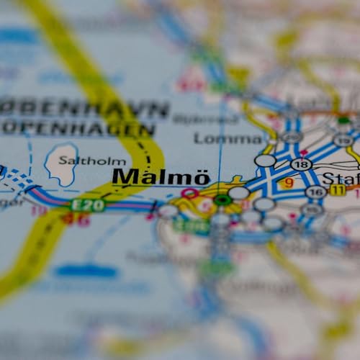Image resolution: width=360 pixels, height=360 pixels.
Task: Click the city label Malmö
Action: pyautogui.click(x=161, y=177)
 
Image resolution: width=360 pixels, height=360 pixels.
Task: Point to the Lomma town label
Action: pyautogui.click(x=228, y=138)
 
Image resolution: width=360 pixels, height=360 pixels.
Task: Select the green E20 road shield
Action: pyautogui.click(x=87, y=205)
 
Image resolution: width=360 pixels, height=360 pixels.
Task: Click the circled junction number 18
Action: pyautogui.click(x=300, y=164)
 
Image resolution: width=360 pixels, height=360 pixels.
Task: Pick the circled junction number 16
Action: pyautogui.click(x=314, y=192)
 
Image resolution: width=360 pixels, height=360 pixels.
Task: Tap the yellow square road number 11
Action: pyautogui.click(x=337, y=191)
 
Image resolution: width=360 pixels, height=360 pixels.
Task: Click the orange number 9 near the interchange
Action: pyautogui.click(x=289, y=184)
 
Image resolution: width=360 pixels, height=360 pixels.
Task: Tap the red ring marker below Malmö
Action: pyautogui.click(x=190, y=193)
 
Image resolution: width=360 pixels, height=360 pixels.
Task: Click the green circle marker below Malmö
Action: pyautogui.click(x=223, y=199)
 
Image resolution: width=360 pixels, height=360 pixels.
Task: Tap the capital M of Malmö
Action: pyautogui.click(x=125, y=177)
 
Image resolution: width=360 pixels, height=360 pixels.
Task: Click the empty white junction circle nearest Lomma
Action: pyautogui.click(x=265, y=160)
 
